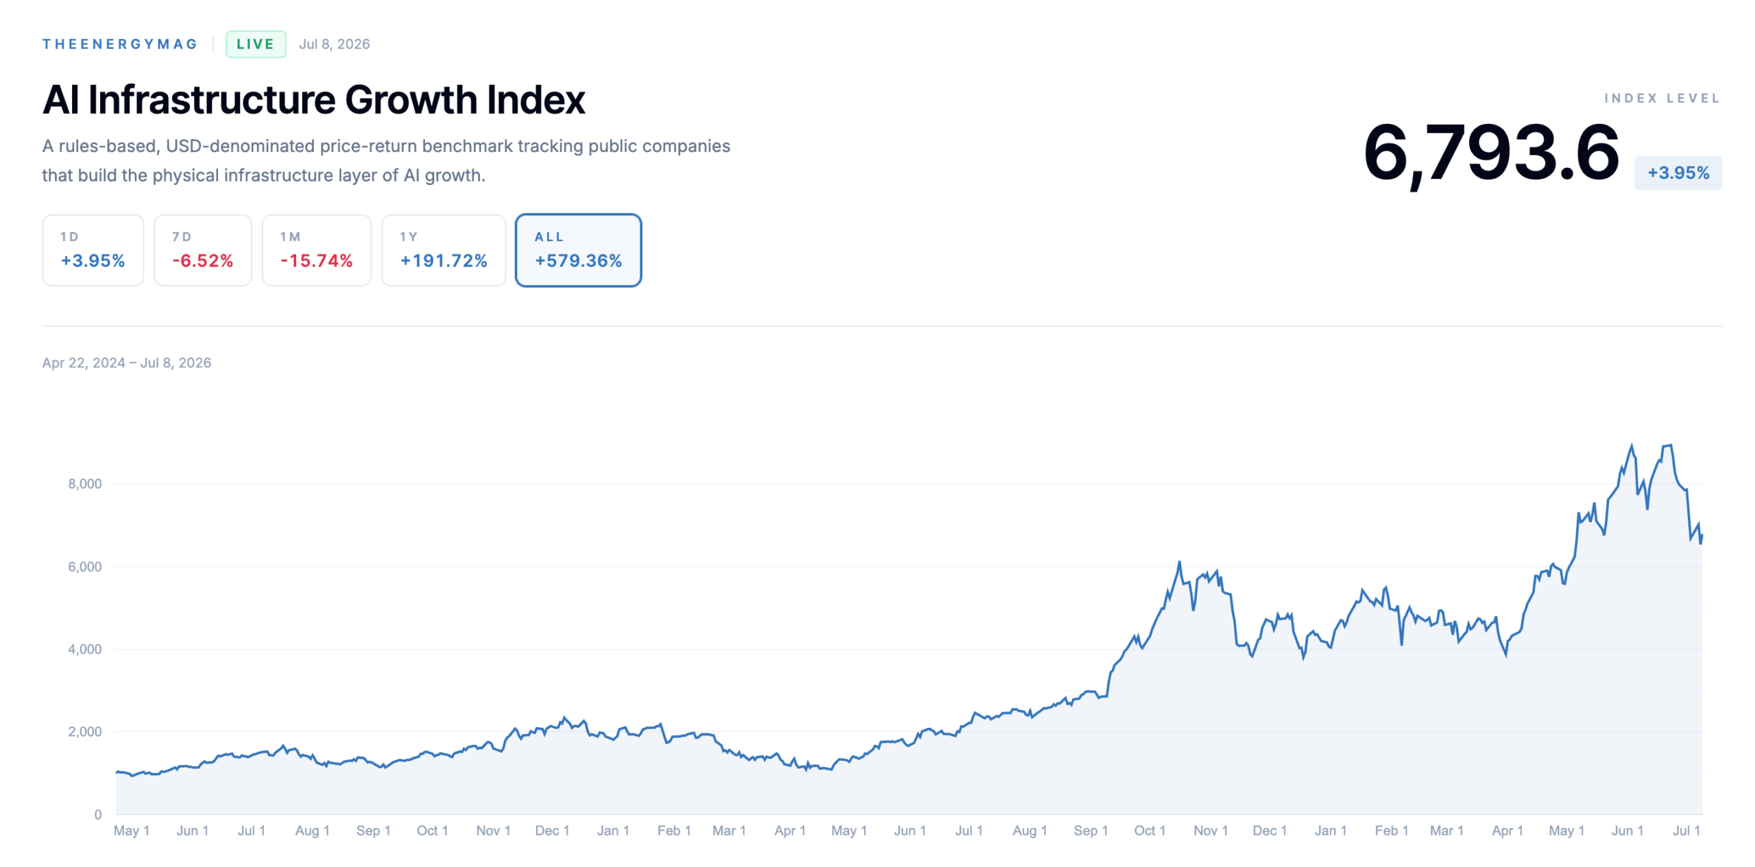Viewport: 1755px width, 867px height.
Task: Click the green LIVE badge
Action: click(255, 44)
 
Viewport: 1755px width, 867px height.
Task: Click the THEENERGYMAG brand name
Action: click(120, 44)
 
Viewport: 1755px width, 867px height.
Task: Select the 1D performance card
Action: click(93, 249)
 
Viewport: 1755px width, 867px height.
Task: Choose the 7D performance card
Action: click(202, 249)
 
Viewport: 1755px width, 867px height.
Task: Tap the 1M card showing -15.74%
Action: click(316, 249)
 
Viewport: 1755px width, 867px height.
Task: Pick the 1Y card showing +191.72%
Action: click(443, 249)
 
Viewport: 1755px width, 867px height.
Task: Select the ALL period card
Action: click(578, 249)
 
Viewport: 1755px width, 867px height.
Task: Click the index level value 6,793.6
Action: click(1490, 153)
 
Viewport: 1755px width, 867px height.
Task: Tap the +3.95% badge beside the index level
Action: click(1678, 173)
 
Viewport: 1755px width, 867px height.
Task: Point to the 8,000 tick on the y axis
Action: click(85, 484)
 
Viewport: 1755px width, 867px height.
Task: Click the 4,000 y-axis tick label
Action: click(85, 649)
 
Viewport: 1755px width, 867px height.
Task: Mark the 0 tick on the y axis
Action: click(98, 814)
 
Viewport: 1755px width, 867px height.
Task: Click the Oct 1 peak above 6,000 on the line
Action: click(1179, 563)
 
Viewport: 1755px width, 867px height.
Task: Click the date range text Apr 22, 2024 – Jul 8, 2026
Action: click(127, 363)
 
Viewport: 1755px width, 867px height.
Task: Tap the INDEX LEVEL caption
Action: click(1662, 98)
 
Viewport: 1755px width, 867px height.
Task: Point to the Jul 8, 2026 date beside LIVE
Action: click(334, 44)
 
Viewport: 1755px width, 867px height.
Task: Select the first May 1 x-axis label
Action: click(132, 831)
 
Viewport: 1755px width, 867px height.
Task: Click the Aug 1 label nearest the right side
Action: click(1030, 831)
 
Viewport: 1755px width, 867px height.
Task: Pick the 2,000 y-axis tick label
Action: click(85, 732)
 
